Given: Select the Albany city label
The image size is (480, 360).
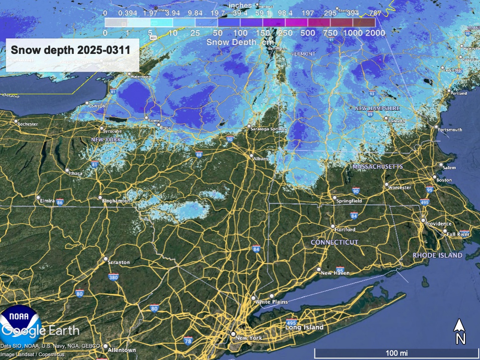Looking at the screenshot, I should point(261,159).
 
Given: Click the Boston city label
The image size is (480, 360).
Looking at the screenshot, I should point(444,180).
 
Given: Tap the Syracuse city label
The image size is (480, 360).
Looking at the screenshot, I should point(112,131).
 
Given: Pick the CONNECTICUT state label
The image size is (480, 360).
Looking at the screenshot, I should point(335,242).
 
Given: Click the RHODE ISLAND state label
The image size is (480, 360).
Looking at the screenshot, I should point(437,255).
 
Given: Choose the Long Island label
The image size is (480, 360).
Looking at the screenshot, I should point(305,327).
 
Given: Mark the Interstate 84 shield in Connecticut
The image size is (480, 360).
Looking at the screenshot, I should point(353,216).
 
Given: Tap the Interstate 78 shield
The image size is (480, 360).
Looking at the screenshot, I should point(188,340).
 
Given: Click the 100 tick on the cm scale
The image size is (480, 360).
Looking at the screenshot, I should point(240,33).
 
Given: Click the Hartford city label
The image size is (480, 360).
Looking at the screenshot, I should point(346,230).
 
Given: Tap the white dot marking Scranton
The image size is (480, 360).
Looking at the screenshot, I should point(105,259).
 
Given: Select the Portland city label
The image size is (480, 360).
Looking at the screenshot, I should point(458,93).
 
